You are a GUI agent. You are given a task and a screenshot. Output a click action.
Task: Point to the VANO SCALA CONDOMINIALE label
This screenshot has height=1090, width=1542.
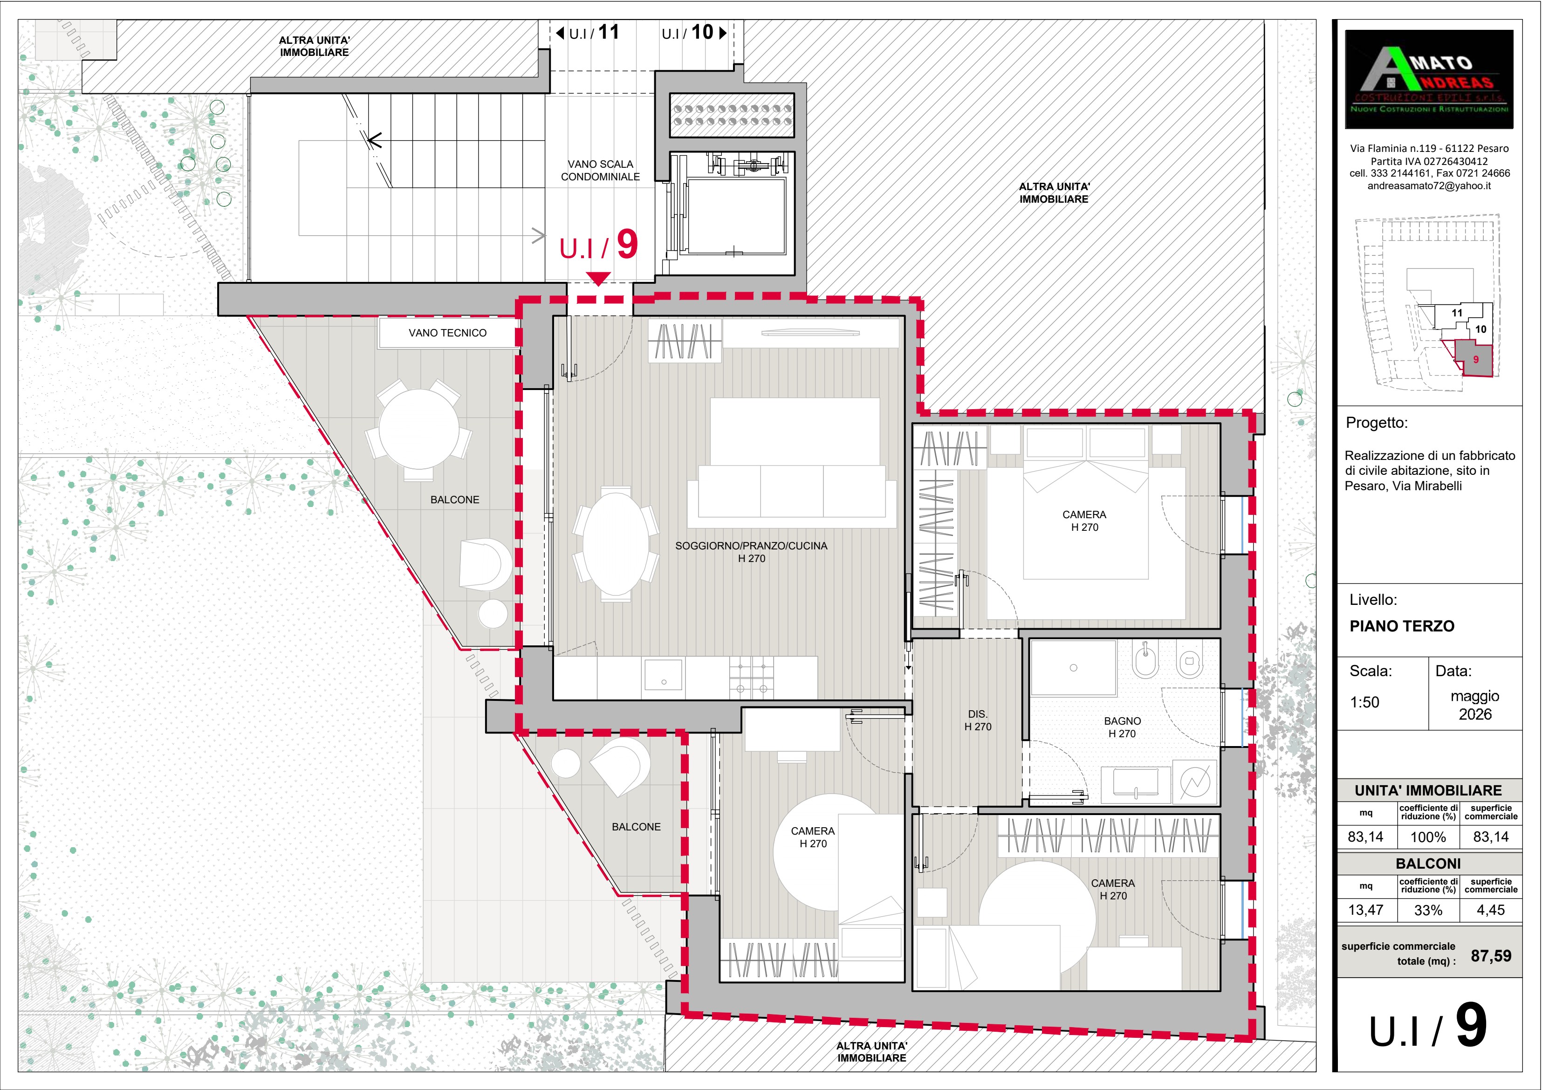coord(600,171)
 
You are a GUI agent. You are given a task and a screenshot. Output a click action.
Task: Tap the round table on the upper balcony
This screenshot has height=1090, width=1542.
coord(419,429)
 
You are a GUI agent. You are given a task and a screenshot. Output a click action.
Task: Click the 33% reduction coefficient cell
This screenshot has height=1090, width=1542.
coord(1428,911)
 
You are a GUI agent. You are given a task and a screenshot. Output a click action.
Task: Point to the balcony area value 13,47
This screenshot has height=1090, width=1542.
coord(1366,911)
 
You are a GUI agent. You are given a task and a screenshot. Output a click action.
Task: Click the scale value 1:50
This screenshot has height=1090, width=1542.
coord(1365,702)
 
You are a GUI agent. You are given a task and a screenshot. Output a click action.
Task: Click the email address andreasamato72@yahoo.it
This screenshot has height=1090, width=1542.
coord(1429,186)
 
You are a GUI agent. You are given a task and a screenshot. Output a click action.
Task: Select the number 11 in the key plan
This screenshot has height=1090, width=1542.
coord(1457,313)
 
